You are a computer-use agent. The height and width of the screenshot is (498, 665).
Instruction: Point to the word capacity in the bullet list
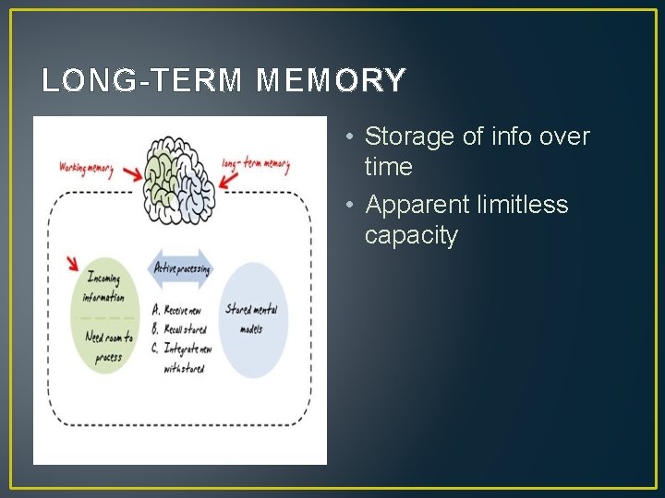tap(411, 235)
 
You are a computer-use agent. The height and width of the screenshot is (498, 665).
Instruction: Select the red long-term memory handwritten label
tap(256, 165)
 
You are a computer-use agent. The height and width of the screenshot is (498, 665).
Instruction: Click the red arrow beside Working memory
tap(130, 172)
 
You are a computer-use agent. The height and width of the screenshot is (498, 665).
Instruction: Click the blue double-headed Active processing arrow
tap(181, 269)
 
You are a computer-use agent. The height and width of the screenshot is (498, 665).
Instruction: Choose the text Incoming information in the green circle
tap(103, 288)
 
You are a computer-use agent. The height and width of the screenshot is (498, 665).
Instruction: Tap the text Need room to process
tap(107, 348)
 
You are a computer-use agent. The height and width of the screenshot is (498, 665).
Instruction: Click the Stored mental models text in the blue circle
tap(251, 319)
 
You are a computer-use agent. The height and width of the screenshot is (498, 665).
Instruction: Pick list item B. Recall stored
tap(179, 328)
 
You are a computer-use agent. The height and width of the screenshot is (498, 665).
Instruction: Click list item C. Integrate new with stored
tap(182, 358)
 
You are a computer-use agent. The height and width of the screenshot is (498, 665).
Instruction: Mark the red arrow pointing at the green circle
tap(72, 264)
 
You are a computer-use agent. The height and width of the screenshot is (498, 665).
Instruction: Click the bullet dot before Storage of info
tap(352, 137)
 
